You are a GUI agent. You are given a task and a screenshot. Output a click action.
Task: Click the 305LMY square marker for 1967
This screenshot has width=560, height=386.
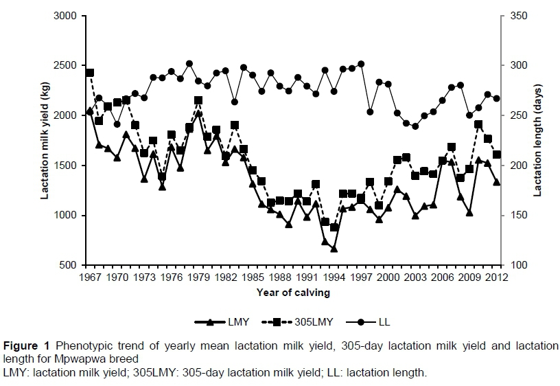coord(90,73)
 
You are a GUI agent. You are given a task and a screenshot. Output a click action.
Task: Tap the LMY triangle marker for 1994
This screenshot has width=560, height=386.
coord(334,249)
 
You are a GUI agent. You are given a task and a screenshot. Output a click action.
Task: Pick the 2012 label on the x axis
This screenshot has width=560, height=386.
coord(497,277)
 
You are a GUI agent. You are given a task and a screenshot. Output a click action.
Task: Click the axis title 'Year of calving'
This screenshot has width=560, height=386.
coord(293,292)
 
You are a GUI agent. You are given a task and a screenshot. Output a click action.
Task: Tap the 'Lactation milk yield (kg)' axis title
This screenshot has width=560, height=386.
coord(45,140)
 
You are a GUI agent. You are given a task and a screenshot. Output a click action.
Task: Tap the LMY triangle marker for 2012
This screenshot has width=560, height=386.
coord(497,182)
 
